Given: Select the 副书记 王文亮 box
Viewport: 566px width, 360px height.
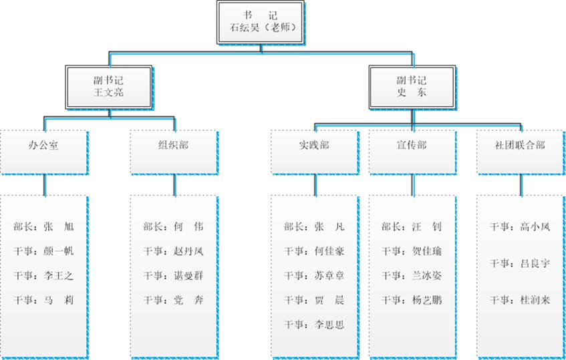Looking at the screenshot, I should (109, 87).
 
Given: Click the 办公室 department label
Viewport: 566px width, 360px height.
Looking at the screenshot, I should (43, 145).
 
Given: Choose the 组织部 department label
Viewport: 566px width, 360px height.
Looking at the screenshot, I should (174, 145).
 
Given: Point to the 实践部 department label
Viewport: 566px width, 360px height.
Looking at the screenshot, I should (314, 145).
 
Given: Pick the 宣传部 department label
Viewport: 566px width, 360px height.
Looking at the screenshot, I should (412, 145).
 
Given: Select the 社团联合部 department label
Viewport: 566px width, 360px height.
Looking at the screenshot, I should (520, 145).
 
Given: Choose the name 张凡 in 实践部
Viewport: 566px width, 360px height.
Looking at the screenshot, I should (329, 227).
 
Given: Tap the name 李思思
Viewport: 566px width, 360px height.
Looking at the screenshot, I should (329, 325).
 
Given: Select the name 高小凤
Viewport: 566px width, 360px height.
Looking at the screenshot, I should (535, 227).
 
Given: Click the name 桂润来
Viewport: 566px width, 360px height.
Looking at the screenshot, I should (535, 300).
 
